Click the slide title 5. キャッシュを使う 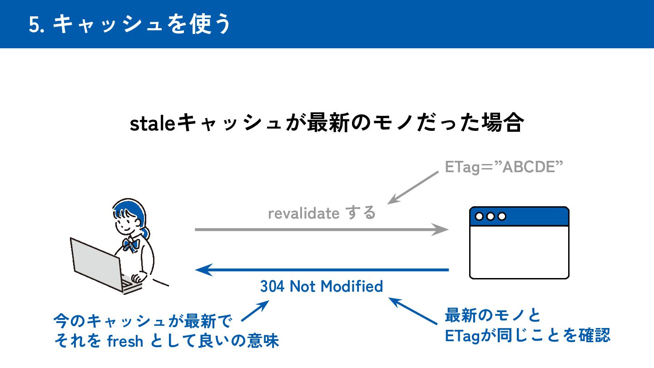click(130, 24)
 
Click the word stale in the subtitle click(153, 124)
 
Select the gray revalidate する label click(322, 213)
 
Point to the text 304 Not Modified click(322, 287)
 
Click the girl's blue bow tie click(131, 245)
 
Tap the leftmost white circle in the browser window click(479, 216)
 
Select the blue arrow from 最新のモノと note click(413, 311)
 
